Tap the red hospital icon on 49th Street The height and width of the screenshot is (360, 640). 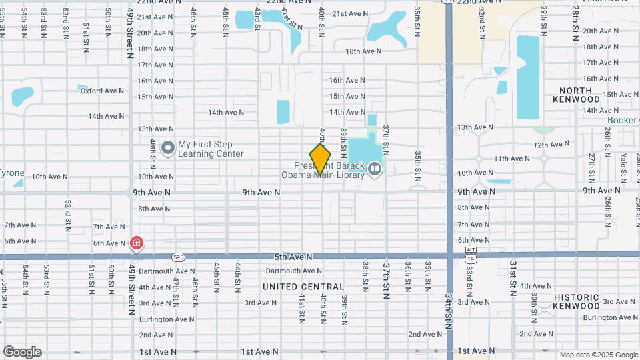pos(137,243)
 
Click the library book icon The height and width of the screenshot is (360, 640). pos(375,170)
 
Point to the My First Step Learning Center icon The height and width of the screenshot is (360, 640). pos(167,147)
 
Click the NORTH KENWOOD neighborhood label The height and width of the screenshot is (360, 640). pos(576,95)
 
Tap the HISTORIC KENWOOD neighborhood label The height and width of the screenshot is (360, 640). pos(576,301)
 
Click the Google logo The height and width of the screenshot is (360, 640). pos(22,352)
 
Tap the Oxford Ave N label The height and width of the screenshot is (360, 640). pos(103,91)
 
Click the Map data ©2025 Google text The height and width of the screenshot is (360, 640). pos(599,355)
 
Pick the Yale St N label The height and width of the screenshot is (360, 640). pos(623,167)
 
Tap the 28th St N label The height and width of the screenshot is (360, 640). pos(574,24)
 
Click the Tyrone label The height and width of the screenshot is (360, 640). pos(11,173)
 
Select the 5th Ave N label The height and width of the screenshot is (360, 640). pos(293,256)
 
